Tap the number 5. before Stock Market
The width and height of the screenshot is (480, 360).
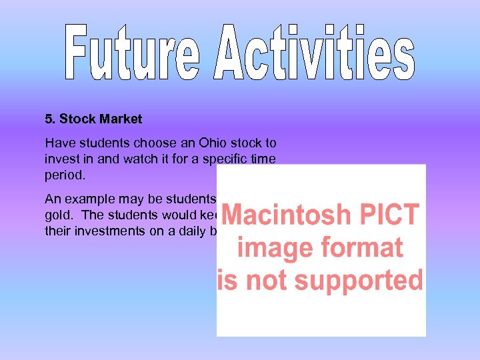(51, 119)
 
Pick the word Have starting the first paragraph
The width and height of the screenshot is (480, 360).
(57, 143)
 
